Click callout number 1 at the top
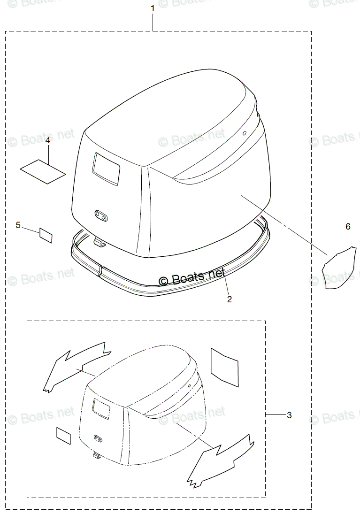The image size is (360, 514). (153, 8)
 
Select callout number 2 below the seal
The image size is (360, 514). (229, 299)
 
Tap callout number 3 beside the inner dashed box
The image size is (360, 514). (289, 415)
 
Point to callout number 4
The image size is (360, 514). (48, 140)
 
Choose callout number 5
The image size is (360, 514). (18, 225)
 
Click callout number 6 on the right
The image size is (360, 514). (348, 226)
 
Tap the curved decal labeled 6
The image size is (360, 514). (339, 268)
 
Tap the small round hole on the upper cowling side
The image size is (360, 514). (245, 133)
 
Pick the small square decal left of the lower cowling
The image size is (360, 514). (63, 436)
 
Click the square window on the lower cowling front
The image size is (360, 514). (100, 406)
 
